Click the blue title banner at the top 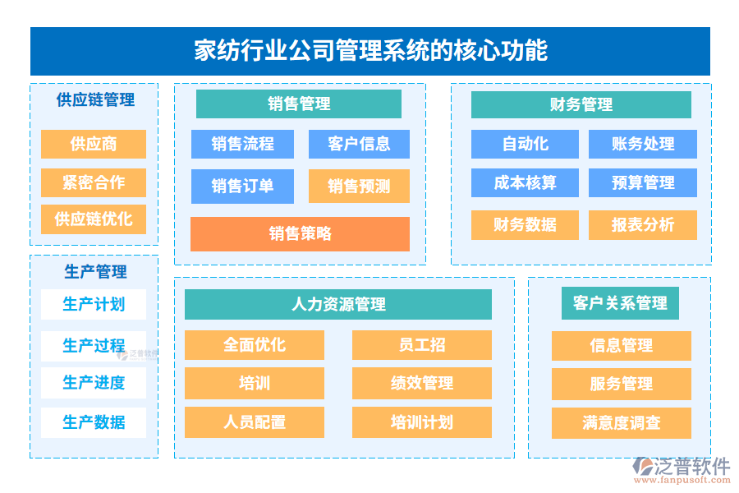369,51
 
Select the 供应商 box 94,144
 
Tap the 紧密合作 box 94,182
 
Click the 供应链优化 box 94,219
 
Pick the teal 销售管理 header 299,104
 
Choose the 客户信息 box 359,144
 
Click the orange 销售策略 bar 300,233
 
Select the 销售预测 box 359,186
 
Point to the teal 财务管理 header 581,104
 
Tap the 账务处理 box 642,144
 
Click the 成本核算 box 525,182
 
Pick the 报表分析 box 642,224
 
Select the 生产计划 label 94,304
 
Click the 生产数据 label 94,422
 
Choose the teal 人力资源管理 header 338,304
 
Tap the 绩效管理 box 422,383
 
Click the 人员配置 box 255,422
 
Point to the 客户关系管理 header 620,303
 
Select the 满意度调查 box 621,423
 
